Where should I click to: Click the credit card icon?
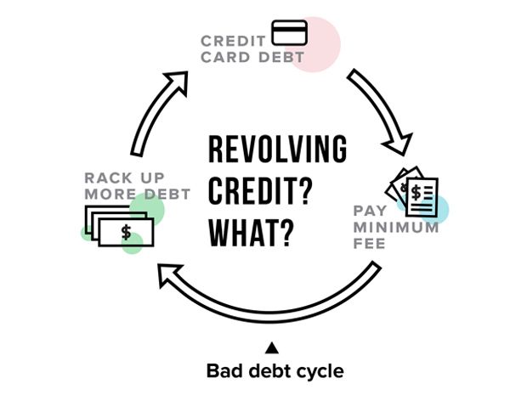tap(290, 33)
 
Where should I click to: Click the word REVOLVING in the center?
tap(277, 150)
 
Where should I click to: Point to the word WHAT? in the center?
tap(251, 230)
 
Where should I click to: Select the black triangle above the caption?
tap(272, 347)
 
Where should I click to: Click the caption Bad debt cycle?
tap(275, 371)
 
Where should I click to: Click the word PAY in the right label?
tap(371, 211)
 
